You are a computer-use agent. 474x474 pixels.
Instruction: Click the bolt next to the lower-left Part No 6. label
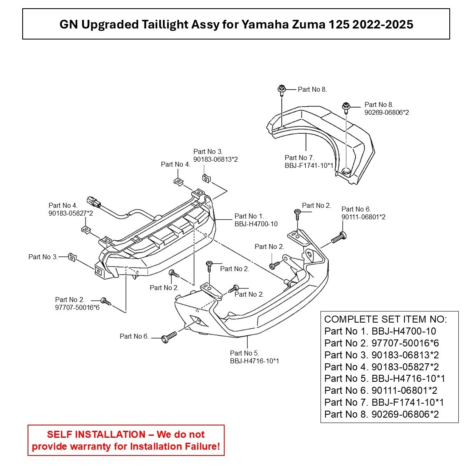pyautogui.click(x=169, y=337)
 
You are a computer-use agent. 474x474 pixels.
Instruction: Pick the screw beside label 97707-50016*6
pyautogui.click(x=106, y=301)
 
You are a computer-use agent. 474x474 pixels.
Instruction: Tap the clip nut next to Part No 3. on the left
pyautogui.click(x=72, y=258)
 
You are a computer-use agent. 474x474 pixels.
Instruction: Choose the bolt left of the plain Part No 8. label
pyautogui.click(x=282, y=89)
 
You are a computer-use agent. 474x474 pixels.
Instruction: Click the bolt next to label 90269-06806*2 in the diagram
pyautogui.click(x=347, y=108)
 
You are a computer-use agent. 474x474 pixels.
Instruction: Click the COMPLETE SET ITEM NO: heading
pyautogui.click(x=385, y=319)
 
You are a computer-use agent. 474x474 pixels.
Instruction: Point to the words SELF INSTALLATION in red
pyautogui.click(x=96, y=434)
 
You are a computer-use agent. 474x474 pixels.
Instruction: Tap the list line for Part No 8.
pyautogui.click(x=381, y=414)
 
